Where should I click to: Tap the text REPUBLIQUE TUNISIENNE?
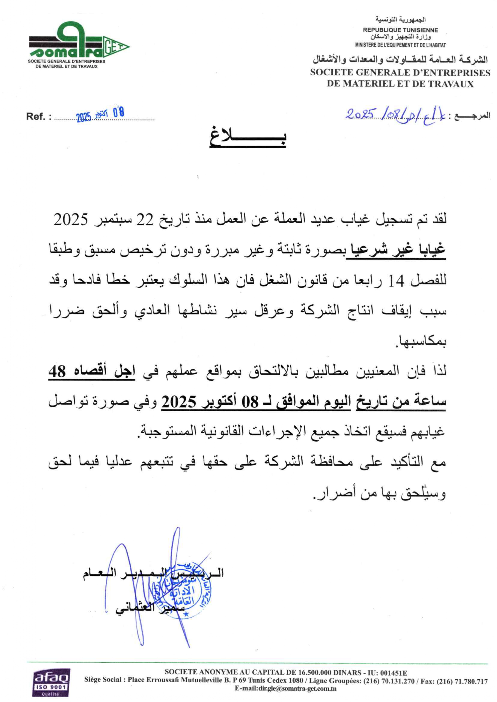(x=400, y=30)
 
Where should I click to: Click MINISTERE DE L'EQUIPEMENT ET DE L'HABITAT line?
(x=400, y=45)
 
